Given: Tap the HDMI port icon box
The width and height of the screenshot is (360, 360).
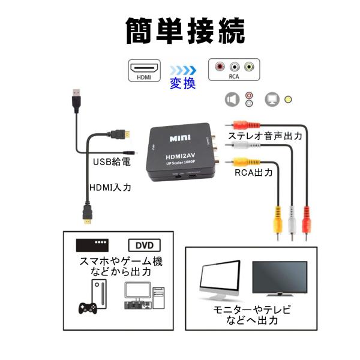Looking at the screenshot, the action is coord(144,70).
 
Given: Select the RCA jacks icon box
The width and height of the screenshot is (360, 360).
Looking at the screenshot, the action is coord(233,70).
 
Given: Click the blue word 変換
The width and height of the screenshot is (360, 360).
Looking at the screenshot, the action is coord(182,83).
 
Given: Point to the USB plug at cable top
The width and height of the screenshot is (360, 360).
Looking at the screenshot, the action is coord(76,98).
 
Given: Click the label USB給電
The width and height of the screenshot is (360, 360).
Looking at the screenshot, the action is coord(112,162).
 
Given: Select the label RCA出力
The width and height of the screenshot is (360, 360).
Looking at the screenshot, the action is coord(254,173).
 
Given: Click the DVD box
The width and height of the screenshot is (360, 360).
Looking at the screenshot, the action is coord(144,245).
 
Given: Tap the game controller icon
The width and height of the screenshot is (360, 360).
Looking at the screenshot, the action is coord(89,308).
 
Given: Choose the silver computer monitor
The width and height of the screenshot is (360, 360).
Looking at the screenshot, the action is coord(220,282).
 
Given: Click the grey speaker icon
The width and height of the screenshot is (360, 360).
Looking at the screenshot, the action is coord(232,99).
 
